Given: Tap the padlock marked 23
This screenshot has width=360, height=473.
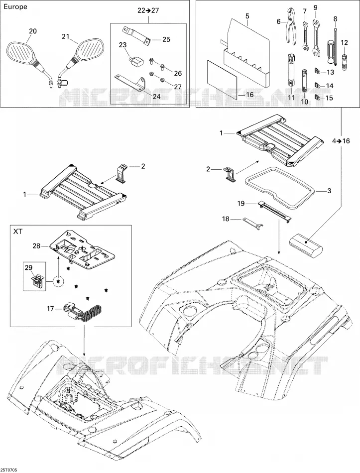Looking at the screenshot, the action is click(135, 60).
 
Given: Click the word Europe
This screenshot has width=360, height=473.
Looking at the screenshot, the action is click(15, 6).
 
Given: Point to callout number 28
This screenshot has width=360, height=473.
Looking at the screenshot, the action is click(37, 246).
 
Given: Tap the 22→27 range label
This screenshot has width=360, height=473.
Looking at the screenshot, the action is click(149, 10).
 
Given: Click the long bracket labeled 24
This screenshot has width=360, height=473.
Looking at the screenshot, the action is click(130, 82).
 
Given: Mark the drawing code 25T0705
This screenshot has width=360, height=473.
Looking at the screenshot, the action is click(9, 470).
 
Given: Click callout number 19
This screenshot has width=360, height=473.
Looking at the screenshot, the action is click(241, 204).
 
